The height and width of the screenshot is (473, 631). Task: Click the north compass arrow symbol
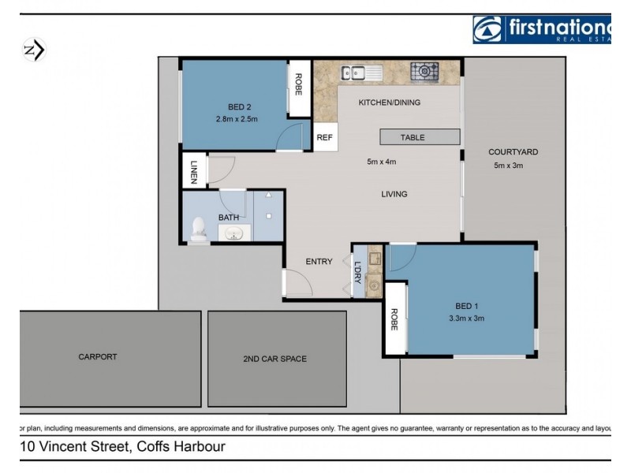point(35,50)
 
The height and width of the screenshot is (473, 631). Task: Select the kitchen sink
point(361,73)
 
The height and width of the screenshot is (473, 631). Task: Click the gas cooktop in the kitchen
point(424,72)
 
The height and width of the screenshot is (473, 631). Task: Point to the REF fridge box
point(325,137)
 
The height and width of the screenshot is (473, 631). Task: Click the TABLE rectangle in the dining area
point(413,137)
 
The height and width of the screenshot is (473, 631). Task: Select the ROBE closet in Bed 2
point(298,84)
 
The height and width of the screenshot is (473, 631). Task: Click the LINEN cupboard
point(193,172)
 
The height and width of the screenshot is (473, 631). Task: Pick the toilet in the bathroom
point(200,229)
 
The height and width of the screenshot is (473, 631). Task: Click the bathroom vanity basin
point(234,233)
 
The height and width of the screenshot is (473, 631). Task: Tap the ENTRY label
point(319,262)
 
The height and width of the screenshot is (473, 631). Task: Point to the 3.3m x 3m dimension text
point(466,318)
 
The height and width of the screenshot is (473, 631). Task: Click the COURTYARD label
point(513,152)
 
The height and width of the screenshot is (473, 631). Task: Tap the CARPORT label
point(98,356)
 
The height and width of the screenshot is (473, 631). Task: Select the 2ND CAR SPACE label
point(274,359)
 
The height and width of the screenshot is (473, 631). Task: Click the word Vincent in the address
point(72,447)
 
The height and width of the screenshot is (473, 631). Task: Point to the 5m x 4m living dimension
point(381,162)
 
